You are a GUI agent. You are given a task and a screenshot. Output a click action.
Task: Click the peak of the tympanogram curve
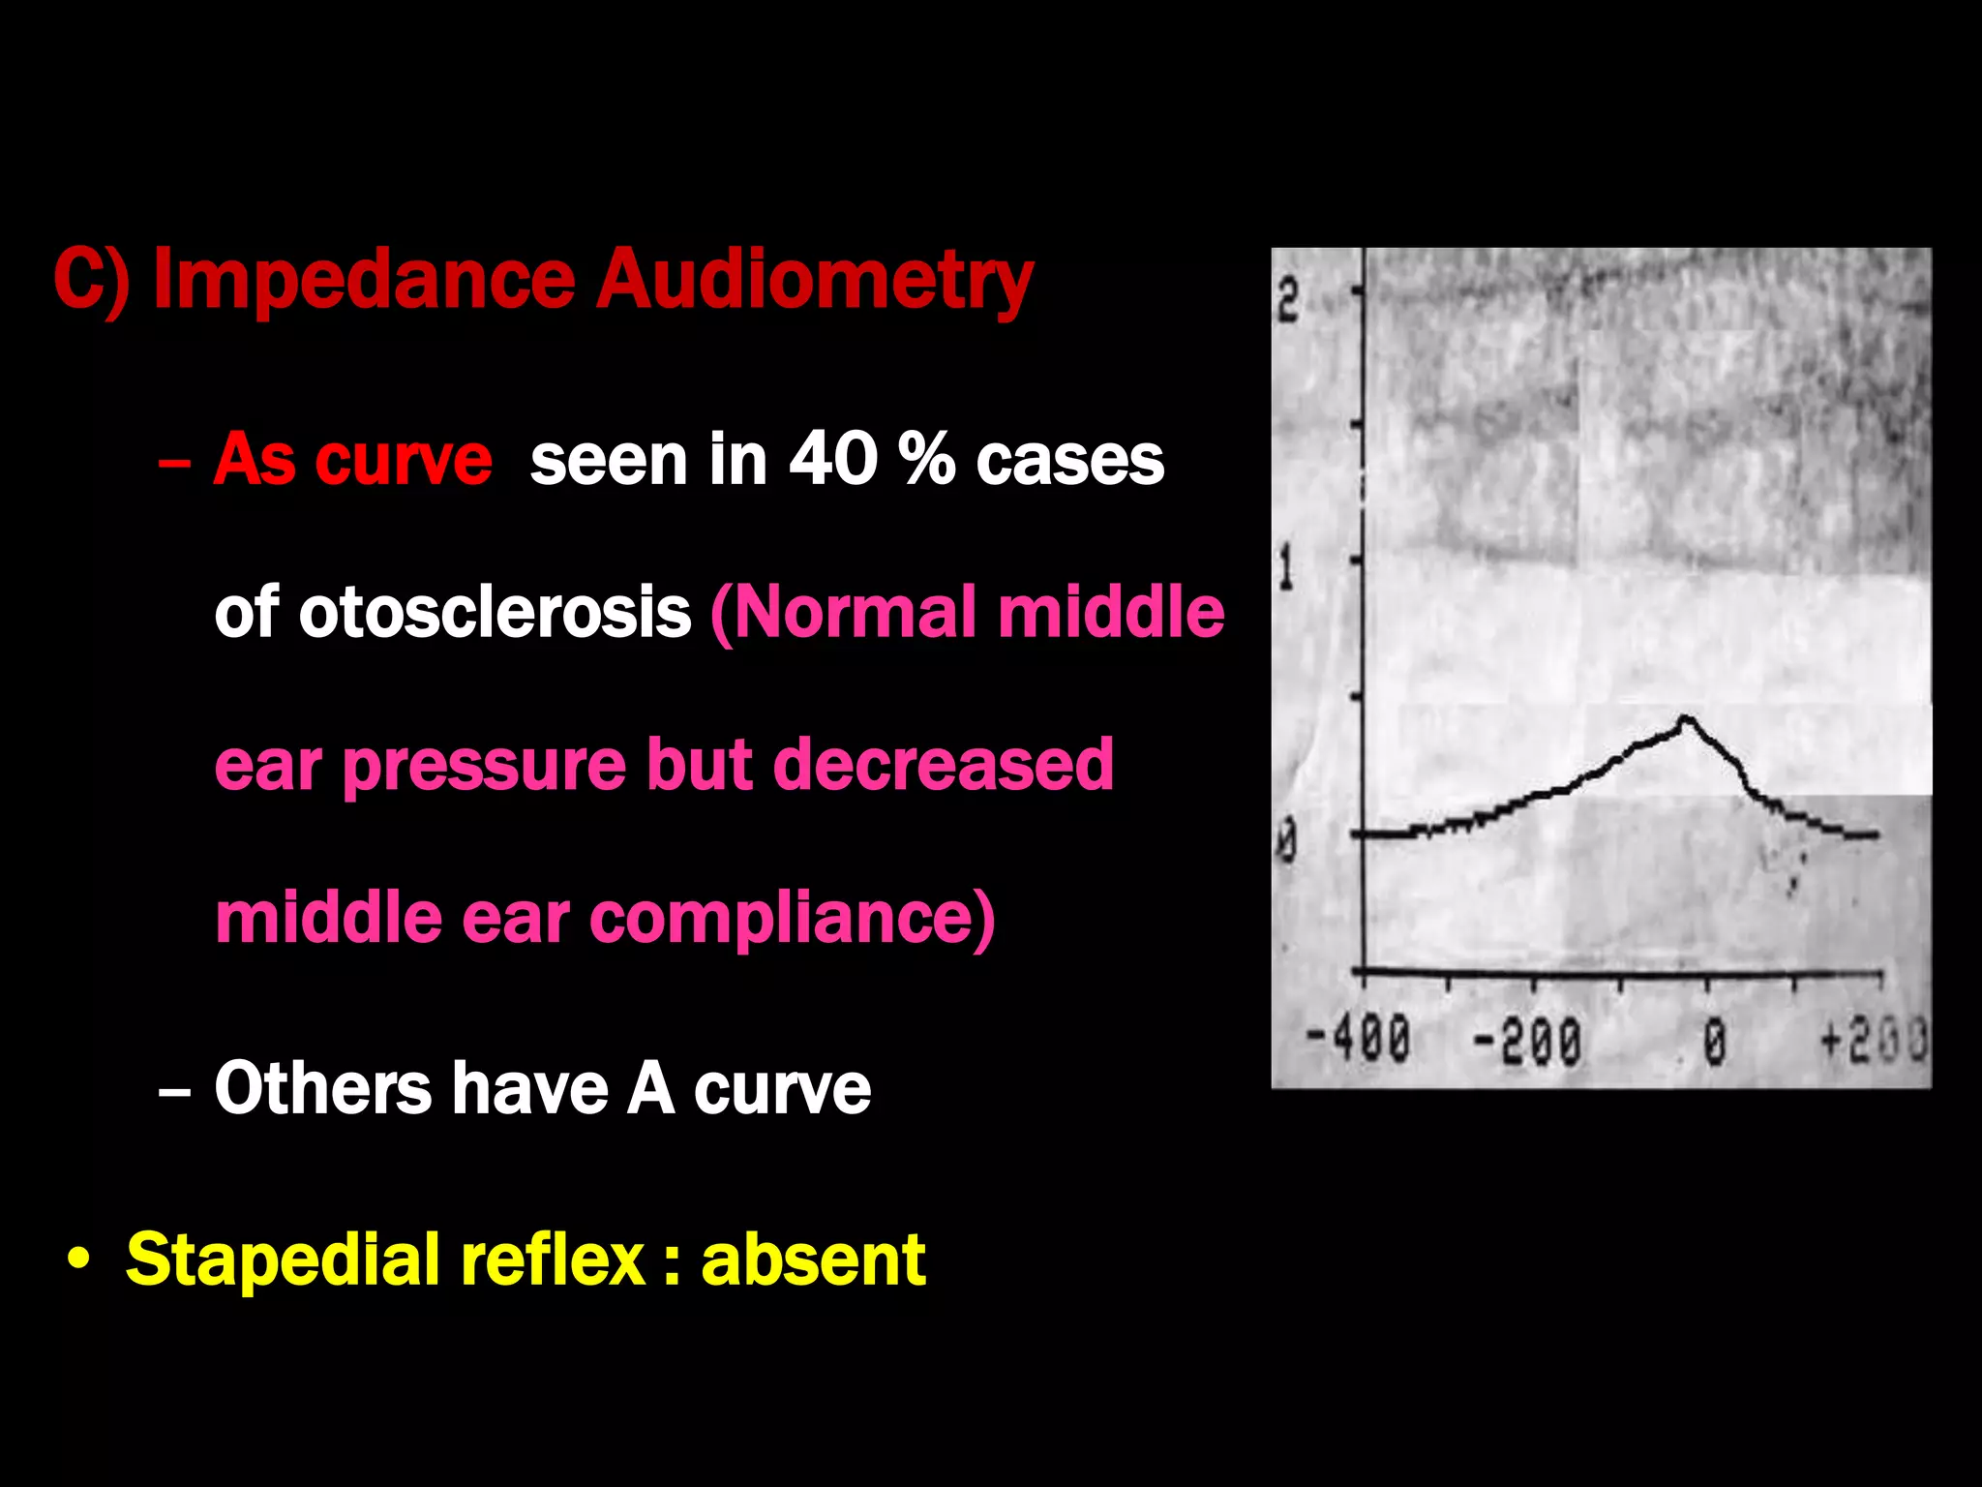coord(1686,718)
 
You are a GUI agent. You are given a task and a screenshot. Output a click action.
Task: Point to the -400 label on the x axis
coord(1358,1040)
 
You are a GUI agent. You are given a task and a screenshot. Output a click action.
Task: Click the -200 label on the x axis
coord(1527,1042)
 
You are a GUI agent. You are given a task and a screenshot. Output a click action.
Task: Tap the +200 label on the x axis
coord(1873,1040)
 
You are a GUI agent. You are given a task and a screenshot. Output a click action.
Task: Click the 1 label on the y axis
coord(1286,569)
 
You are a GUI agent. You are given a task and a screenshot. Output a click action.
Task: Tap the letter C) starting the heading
coord(91,282)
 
